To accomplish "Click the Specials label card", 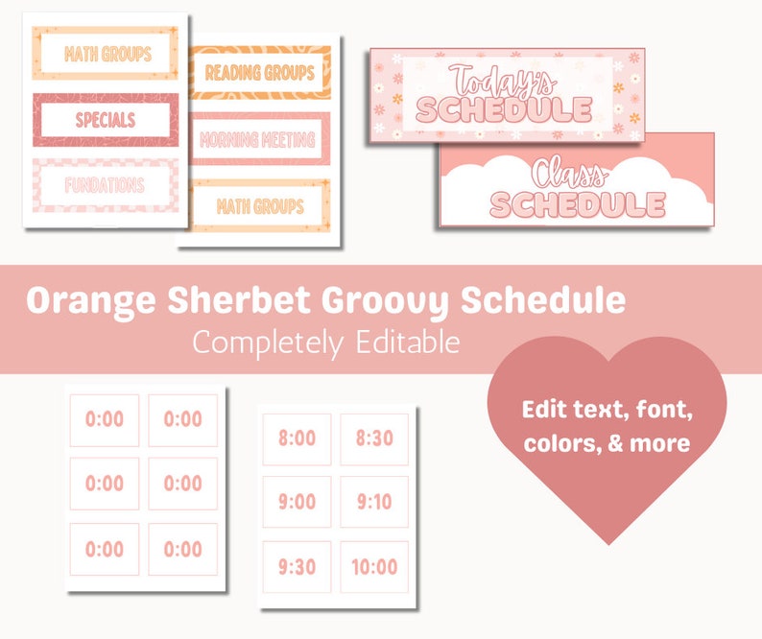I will pyautogui.click(x=106, y=120).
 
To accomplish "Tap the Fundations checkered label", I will pyautogui.click(x=106, y=184).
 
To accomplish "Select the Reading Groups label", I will pyautogui.click(x=260, y=72).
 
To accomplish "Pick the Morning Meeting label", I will pyautogui.click(x=260, y=139).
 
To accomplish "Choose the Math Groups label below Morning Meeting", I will pyautogui.click(x=260, y=205).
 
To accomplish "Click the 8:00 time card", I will pyautogui.click(x=297, y=438).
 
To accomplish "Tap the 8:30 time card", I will pyautogui.click(x=374, y=438).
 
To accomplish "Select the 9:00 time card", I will pyautogui.click(x=297, y=502).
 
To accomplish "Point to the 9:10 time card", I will pyautogui.click(x=374, y=502).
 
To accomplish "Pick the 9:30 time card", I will pyautogui.click(x=297, y=567).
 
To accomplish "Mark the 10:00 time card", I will pyautogui.click(x=374, y=567).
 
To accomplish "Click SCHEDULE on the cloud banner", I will pyautogui.click(x=577, y=204).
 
